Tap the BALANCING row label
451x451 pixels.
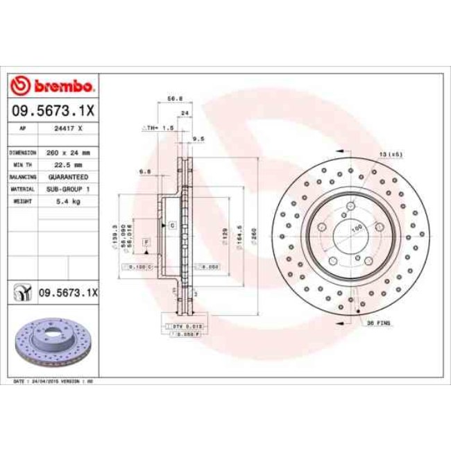pyautogui.click(x=22, y=177)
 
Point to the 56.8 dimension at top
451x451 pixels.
pyautogui.click(x=175, y=100)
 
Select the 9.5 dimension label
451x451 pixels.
pyautogui.click(x=198, y=139)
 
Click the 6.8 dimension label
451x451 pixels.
pyautogui.click(x=145, y=171)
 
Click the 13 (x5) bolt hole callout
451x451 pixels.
pyautogui.click(x=391, y=154)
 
